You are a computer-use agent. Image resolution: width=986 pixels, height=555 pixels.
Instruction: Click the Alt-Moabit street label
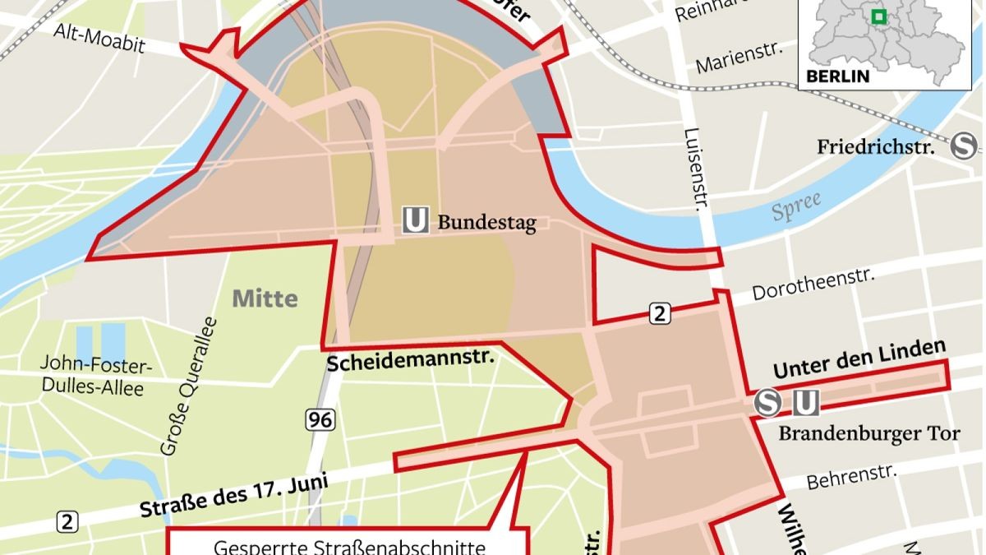click(99, 38)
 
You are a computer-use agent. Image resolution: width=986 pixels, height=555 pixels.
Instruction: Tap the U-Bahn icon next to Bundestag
click(415, 220)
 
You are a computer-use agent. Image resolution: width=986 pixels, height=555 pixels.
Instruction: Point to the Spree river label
click(796, 207)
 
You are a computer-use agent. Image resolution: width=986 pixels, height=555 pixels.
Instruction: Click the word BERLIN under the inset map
click(837, 76)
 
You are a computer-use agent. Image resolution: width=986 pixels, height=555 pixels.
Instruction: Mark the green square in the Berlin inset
click(878, 16)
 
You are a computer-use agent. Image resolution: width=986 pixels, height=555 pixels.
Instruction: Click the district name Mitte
click(265, 298)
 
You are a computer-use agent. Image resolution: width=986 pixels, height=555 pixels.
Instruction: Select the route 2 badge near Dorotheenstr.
click(660, 312)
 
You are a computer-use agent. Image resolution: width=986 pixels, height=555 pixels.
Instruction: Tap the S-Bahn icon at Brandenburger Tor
click(768, 403)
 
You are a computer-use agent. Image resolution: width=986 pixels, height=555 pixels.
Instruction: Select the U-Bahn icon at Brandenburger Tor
click(806, 403)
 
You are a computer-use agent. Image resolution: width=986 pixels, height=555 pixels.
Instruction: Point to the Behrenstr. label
click(851, 475)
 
